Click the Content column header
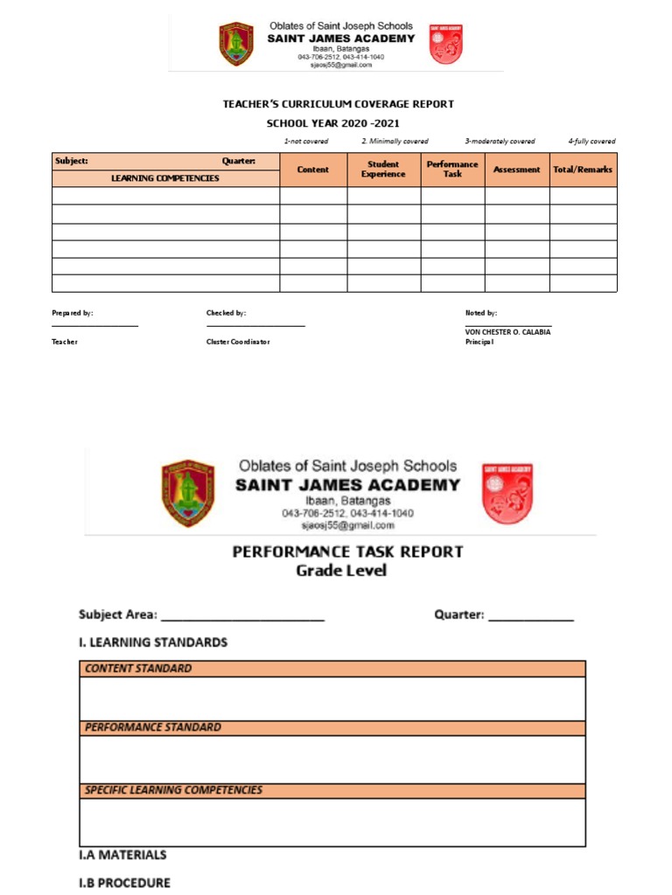[313, 170]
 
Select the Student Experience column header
[383, 170]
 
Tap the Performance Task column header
[452, 170]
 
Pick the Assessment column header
[516, 170]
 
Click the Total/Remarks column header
[583, 170]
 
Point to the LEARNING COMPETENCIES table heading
[165, 178]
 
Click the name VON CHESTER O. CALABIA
[507, 332]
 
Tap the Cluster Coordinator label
[238, 342]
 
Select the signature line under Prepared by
[94, 325]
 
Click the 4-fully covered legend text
[591, 141]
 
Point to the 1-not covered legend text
[306, 141]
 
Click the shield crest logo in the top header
[235, 45]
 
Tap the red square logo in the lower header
[507, 493]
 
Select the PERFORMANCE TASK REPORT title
[347, 552]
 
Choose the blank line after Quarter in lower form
[531, 619]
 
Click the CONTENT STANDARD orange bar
[332, 669]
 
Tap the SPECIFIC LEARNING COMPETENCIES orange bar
[332, 790]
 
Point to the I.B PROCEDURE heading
[124, 882]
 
